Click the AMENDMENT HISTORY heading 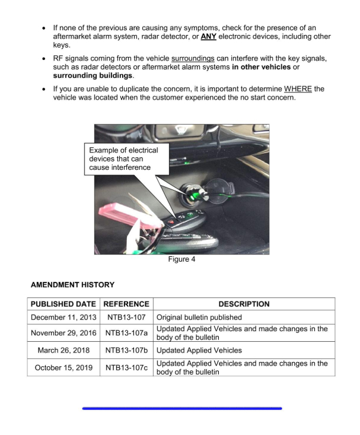[x=72, y=285]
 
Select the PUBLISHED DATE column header [x=63, y=304]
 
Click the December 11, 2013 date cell [x=63, y=317]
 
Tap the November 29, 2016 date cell [x=63, y=333]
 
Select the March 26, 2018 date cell [x=63, y=350]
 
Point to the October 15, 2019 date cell [x=63, y=367]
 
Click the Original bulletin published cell [x=199, y=317]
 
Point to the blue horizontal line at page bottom [x=181, y=408]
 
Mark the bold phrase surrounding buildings [x=93, y=75]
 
